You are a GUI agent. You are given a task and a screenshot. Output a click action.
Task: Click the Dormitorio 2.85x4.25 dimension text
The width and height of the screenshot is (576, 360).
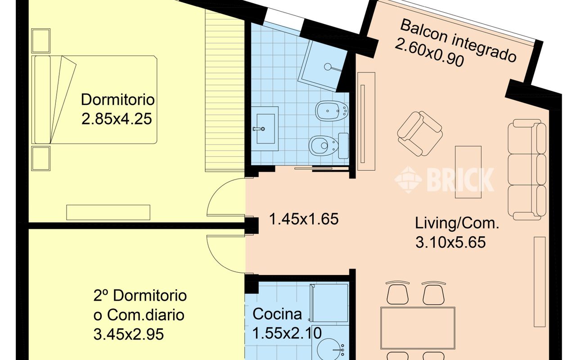[x=117, y=119]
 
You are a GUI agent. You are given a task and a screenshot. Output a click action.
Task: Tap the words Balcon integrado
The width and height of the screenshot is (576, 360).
[x=458, y=40]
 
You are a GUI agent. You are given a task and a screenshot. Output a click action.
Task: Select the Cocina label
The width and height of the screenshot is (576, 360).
[x=277, y=314]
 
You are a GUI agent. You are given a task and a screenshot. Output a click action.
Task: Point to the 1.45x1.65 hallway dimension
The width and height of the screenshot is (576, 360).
[x=303, y=219]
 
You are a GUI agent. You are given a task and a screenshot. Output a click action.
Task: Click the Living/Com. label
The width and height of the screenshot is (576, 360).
[x=457, y=223]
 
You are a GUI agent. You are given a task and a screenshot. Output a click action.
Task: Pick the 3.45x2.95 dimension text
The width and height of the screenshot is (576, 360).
[x=129, y=334]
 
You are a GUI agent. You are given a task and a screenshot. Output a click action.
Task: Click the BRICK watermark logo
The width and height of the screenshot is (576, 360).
[x=444, y=179]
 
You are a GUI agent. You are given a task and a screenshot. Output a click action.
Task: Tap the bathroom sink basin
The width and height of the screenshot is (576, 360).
[x=265, y=129]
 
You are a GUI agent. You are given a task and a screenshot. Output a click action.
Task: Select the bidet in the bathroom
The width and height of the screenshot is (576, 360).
[x=332, y=111]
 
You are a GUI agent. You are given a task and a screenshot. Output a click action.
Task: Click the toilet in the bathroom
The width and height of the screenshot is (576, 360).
[x=328, y=146]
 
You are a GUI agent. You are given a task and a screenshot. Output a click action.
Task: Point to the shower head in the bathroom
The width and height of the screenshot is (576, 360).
[x=328, y=67]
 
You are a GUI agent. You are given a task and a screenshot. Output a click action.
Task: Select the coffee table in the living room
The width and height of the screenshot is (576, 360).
[x=468, y=172]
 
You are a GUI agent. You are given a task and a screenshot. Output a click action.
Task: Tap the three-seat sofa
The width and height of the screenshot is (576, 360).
[x=527, y=170]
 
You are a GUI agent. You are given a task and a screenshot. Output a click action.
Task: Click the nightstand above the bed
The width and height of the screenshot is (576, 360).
[x=40, y=41]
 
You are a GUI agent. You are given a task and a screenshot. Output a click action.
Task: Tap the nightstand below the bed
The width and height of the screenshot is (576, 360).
[x=40, y=158]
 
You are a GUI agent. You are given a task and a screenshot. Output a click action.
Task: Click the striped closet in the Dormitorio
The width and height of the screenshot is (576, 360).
[x=225, y=91]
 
